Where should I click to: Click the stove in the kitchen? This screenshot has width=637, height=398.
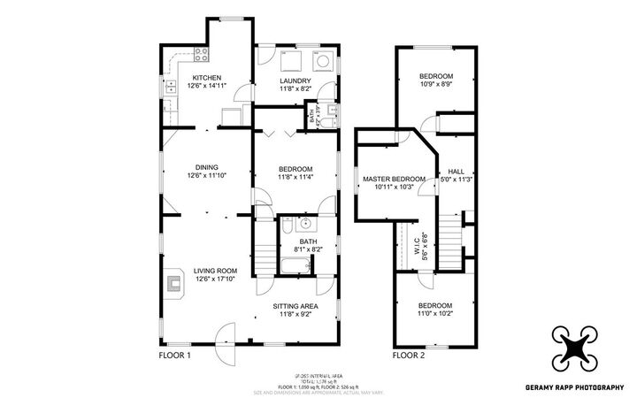click(201, 53)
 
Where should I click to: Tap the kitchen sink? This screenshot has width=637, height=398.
click(169, 87)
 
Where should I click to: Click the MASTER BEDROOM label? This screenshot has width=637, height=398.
click(395, 179)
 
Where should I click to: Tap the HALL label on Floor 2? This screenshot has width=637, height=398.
click(456, 172)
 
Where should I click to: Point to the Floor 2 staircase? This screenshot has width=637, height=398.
click(452, 238)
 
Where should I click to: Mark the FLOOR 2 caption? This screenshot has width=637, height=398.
click(409, 356)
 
